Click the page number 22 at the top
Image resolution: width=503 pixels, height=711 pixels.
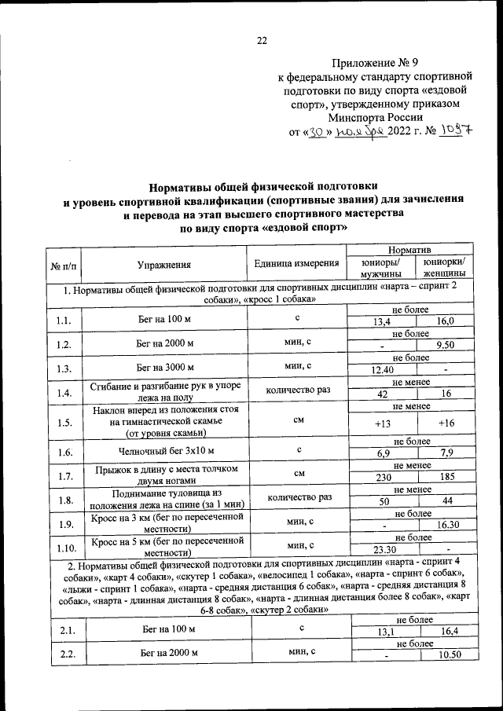[x=262, y=41]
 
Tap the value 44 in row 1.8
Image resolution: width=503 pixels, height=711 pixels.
[x=445, y=501]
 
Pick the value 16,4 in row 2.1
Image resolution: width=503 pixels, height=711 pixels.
[x=445, y=631]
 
